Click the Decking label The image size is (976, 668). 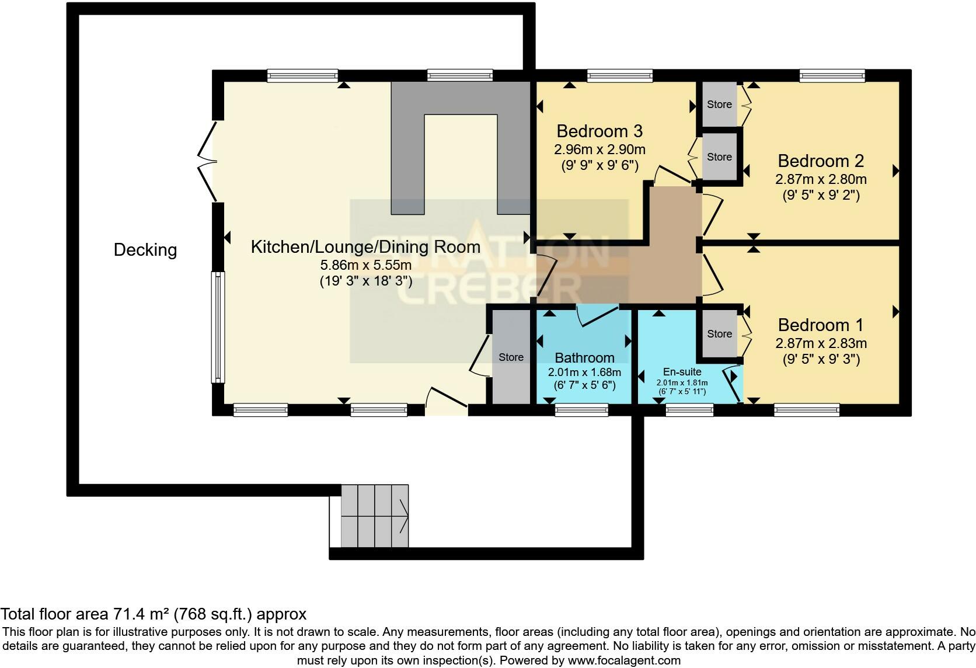point(145,250)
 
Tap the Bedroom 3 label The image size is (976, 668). point(599,131)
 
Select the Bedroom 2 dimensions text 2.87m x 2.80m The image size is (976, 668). point(820,179)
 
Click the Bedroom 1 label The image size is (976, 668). point(820,325)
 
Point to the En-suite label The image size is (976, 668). point(682,372)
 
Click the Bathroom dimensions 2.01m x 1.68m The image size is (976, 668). point(584,372)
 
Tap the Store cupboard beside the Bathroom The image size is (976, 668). point(511,357)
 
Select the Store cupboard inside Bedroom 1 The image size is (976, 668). point(719,334)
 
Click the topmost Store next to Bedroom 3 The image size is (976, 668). point(719,105)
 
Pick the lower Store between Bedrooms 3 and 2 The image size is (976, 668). point(719,157)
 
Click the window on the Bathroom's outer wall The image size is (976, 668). point(581,410)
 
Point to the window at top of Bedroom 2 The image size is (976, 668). point(832,75)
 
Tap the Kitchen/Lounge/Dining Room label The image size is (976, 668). point(365,247)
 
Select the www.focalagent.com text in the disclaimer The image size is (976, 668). point(623,660)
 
